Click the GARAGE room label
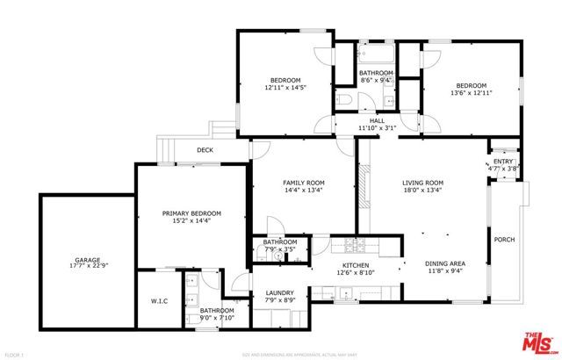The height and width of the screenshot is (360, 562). tap(86, 260)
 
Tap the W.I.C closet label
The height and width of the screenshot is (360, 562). tap(159, 301)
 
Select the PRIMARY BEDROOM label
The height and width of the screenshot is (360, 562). tap(191, 213)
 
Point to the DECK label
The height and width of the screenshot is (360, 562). tap(205, 150)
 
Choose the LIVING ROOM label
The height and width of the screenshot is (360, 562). tap(421, 183)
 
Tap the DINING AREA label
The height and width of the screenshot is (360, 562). tap(445, 264)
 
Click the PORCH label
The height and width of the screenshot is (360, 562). tap(504, 240)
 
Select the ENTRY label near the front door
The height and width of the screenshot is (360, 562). tap(503, 162)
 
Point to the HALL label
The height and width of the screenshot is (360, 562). tap(378, 121)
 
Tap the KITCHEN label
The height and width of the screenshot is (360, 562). tap(355, 265)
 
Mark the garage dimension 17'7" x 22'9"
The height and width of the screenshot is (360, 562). tap(86, 268)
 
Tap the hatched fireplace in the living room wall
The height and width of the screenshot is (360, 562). tap(360, 186)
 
